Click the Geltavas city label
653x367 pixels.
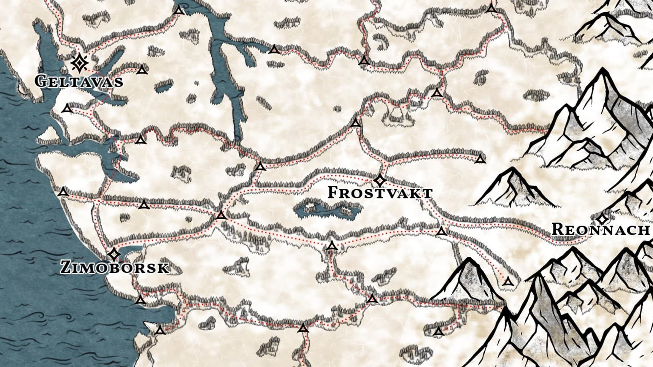point(79,81)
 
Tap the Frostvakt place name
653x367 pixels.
point(380,192)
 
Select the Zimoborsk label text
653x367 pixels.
point(115,267)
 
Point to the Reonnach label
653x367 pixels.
point(600,229)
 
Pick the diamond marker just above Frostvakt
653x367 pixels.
point(380,180)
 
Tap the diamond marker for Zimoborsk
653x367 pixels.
point(113,254)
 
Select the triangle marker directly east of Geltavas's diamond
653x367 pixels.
point(142,70)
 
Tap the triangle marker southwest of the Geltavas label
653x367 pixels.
point(68,109)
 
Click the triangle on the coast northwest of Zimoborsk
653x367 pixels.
point(63,192)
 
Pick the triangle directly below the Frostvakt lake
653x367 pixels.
point(332,246)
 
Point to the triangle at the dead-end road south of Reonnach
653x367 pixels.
point(508,282)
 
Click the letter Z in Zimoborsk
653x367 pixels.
point(66,267)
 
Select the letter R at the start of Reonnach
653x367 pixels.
point(558,229)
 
